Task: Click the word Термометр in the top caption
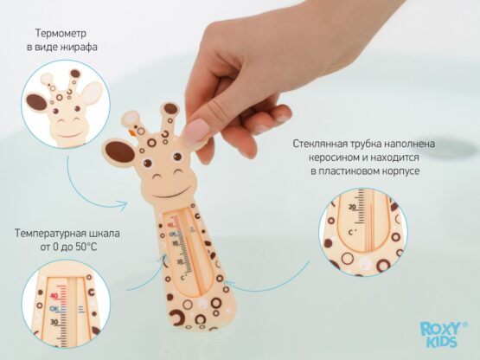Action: click(61, 33)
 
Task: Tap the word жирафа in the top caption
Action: click(79, 47)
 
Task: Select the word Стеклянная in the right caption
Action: click(323, 144)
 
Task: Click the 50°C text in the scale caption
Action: click(85, 247)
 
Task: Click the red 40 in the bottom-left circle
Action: click(54, 296)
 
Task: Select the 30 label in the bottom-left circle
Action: click(54, 322)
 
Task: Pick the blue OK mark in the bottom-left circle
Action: click(54, 309)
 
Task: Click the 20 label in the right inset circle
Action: click(352, 207)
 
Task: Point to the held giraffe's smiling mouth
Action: click(170, 193)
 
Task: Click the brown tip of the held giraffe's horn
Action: click(170, 109)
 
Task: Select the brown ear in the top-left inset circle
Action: click(36, 102)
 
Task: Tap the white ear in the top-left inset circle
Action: click(93, 92)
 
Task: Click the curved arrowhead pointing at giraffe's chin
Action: click(123, 206)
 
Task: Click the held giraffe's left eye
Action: click(148, 163)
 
